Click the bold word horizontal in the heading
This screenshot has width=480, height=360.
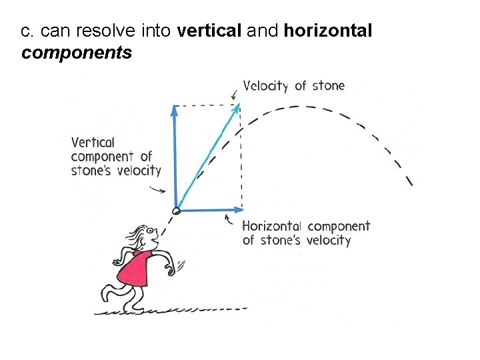[328, 31]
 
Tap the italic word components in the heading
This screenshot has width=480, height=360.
[77, 53]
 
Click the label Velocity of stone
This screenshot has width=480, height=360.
[293, 85]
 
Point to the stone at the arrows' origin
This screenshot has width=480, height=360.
[176, 211]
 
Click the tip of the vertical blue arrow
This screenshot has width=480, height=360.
[175, 109]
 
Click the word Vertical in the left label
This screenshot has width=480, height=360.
[93, 142]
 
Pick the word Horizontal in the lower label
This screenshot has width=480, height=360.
[271, 227]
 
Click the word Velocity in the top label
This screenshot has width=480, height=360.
[265, 85]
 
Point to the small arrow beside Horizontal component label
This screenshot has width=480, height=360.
[231, 219]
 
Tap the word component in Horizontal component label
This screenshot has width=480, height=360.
[338, 227]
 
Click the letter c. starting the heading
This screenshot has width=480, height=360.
[27, 31]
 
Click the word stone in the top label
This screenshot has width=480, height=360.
[329, 85]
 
